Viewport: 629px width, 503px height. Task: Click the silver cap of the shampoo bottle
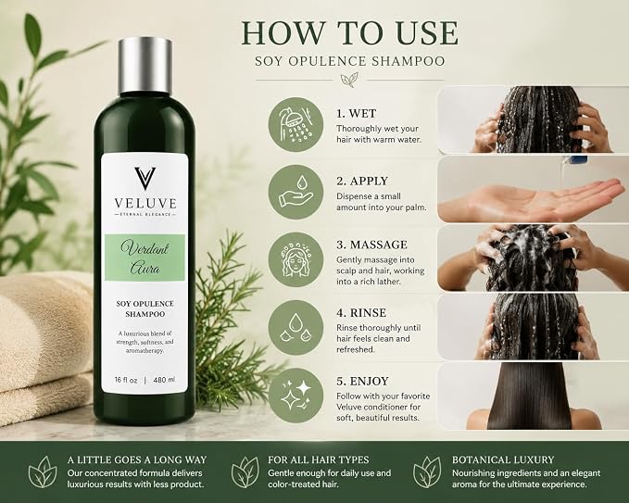tap(145, 66)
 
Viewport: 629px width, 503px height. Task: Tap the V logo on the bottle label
tap(145, 179)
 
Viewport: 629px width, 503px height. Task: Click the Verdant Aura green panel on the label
tap(145, 258)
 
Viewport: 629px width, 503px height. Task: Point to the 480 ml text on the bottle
tap(164, 380)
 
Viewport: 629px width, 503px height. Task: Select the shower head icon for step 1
tap(296, 124)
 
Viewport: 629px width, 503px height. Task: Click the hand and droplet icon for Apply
tap(296, 192)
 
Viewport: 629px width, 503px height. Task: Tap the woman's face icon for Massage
tap(296, 260)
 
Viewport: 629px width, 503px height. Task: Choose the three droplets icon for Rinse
tap(296, 328)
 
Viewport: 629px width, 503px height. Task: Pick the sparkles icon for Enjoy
tap(296, 396)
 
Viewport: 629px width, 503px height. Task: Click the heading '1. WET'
tap(357, 114)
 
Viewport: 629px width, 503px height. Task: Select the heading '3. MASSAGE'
tap(371, 245)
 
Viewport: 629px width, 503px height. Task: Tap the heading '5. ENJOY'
tap(362, 381)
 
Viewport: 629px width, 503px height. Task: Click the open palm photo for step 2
tap(533, 189)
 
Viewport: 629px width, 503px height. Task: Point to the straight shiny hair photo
tap(533, 396)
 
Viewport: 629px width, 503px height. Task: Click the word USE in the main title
tap(426, 33)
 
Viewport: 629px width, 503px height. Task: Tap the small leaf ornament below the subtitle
tap(349, 80)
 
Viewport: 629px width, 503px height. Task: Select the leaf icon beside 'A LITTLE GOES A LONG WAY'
tap(43, 472)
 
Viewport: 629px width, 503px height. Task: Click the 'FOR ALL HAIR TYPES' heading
tap(319, 459)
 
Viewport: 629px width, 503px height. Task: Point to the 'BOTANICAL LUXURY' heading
tap(503, 459)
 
